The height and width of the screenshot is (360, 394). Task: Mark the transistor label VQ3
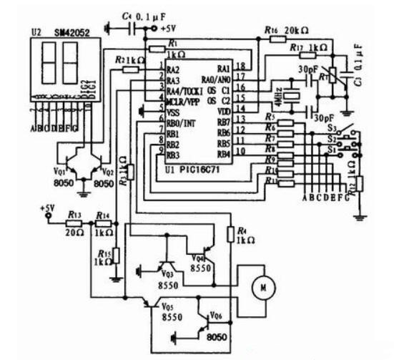[167, 273]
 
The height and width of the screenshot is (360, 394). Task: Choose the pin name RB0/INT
[181, 123]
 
